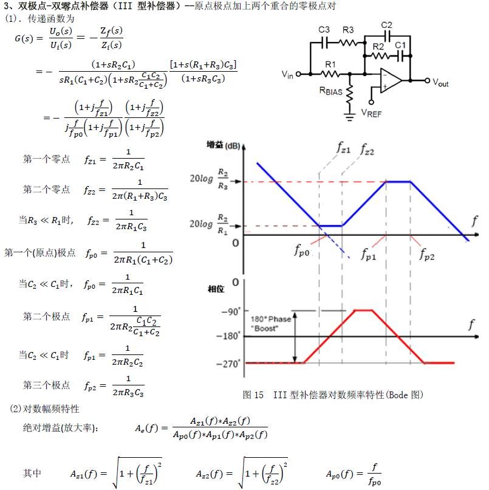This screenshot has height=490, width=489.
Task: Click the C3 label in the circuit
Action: [x=324, y=30]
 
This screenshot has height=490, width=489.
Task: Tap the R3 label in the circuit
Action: [x=348, y=30]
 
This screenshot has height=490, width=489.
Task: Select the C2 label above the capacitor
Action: [x=386, y=25]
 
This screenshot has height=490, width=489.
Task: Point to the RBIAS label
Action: [x=333, y=92]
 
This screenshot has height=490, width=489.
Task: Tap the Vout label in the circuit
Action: [x=440, y=83]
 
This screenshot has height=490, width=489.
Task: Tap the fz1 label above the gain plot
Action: [x=344, y=147]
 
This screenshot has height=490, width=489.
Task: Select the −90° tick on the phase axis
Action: [x=231, y=311]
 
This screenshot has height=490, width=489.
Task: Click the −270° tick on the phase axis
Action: [x=230, y=364]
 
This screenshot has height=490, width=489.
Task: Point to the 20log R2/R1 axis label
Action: [x=210, y=224]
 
